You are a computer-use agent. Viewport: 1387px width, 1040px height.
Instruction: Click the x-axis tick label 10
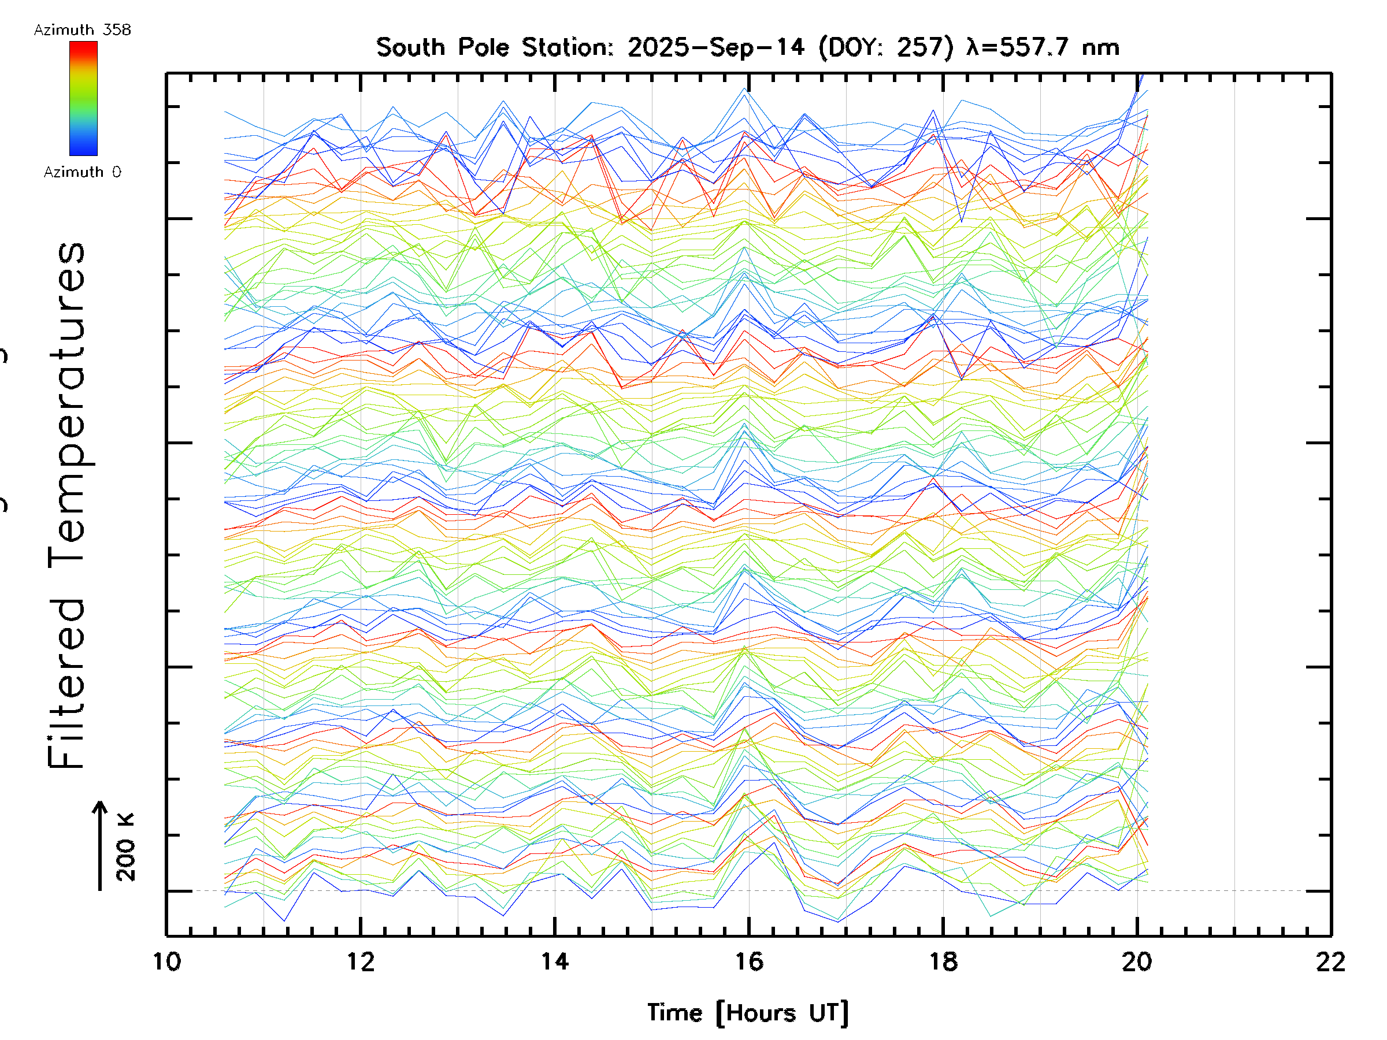[x=167, y=961]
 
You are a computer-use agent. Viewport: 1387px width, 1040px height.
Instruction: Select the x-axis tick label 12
[x=361, y=961]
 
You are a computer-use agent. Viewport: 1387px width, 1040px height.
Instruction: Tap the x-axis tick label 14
[x=555, y=961]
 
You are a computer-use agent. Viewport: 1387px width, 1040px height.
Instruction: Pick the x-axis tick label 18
[x=943, y=961]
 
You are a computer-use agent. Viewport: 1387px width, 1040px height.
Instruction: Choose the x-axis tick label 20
[x=1137, y=961]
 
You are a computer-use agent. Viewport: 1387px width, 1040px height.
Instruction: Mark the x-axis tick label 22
[x=1330, y=961]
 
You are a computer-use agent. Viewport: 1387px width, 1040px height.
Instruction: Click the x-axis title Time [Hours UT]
[x=748, y=1013]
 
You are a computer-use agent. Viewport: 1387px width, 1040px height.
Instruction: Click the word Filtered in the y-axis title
[x=66, y=684]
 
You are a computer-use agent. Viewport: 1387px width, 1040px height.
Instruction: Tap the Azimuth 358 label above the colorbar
[x=82, y=30]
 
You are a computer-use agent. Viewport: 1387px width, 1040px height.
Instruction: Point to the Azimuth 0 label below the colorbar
[x=82, y=172]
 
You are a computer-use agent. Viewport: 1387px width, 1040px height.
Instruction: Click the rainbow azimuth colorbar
[x=83, y=98]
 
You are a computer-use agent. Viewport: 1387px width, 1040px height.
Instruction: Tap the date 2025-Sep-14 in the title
[x=716, y=47]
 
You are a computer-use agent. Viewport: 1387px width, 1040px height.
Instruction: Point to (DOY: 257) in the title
[x=886, y=47]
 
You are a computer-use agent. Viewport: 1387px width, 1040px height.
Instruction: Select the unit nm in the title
[x=1101, y=47]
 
